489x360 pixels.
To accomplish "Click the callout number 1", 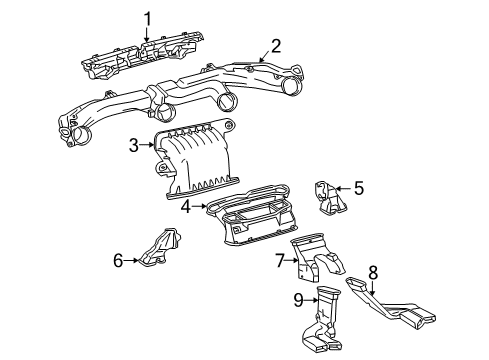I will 147,17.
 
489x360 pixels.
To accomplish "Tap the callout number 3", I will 132,147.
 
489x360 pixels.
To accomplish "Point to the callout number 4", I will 185,206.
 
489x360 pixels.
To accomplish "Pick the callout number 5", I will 359,186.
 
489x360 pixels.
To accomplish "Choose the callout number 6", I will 117,261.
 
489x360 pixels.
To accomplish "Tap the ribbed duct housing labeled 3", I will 195,165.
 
